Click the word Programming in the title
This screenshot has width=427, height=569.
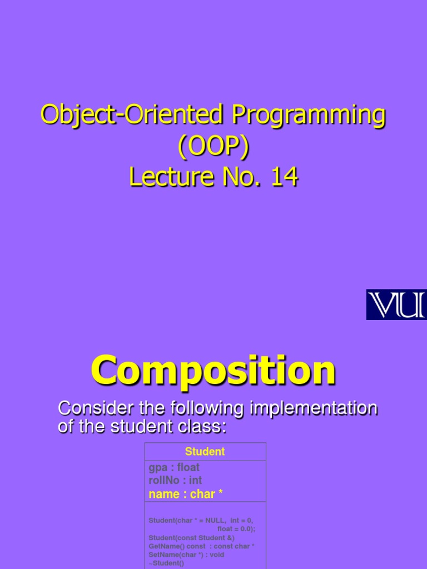pyautogui.click(x=309, y=115)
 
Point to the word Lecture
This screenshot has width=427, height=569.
pyautogui.click(x=168, y=178)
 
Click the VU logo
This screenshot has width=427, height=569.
pyautogui.click(x=396, y=305)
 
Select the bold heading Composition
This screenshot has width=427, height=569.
pyautogui.click(x=213, y=371)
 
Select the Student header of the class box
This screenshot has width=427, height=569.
pyautogui.click(x=205, y=452)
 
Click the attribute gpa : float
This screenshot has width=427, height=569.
pyautogui.click(x=174, y=468)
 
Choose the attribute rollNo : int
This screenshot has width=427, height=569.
pyautogui.click(x=175, y=481)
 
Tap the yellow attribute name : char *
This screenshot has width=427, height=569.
pyautogui.click(x=186, y=494)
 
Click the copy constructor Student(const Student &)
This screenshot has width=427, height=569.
pyautogui.click(x=191, y=537)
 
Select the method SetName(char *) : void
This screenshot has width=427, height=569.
pyautogui.click(x=186, y=555)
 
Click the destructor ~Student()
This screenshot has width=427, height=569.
pyautogui.click(x=166, y=563)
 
